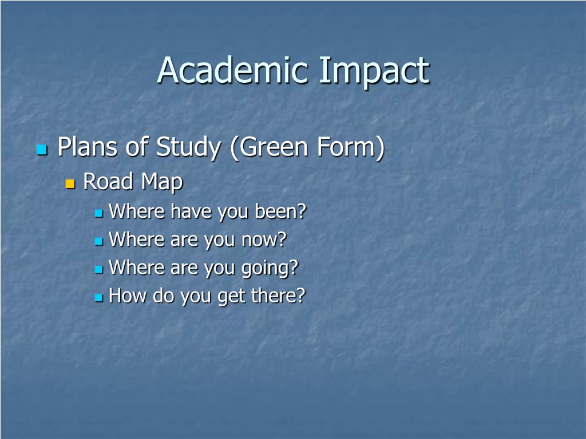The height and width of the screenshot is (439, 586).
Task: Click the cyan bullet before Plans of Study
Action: coord(41,150)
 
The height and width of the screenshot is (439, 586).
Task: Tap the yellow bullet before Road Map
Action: coord(70,184)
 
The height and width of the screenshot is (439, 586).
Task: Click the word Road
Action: coord(108,182)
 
